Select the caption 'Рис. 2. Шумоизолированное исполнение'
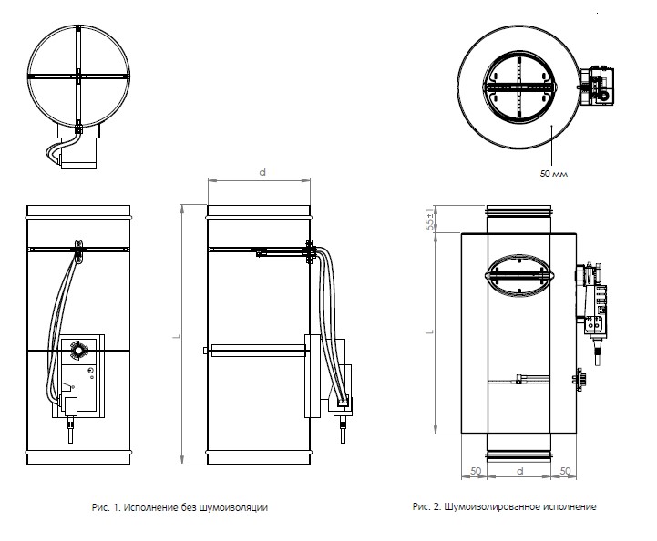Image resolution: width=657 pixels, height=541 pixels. coord(505,506)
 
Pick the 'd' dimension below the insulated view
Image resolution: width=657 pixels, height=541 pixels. coord(518,471)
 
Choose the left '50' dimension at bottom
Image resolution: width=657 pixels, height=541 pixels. coord(476,471)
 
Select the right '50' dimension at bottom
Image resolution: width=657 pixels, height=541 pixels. coord(565,471)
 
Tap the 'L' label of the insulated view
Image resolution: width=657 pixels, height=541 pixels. coord(428,334)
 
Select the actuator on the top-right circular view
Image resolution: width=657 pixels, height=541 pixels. coord(597,87)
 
